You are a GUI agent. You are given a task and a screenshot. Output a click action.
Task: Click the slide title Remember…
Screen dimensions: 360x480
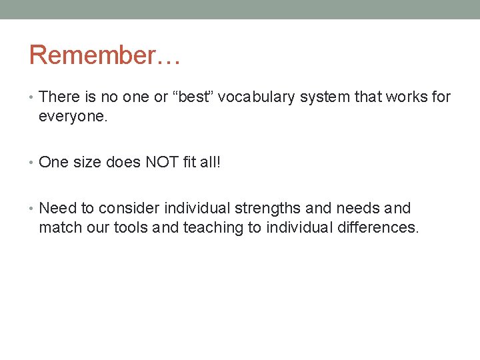(105, 55)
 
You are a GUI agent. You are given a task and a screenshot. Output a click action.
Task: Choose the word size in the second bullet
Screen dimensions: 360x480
(87, 163)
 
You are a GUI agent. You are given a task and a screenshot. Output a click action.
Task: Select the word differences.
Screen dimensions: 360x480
(379, 227)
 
